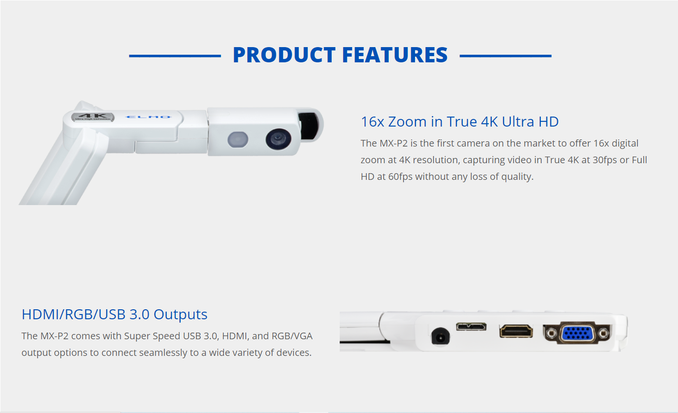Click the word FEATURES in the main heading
(395, 55)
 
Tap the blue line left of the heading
(175, 56)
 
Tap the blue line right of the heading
(506, 56)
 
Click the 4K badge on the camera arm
(92, 117)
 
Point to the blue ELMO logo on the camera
(148, 117)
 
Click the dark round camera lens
(278, 139)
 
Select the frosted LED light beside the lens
(238, 140)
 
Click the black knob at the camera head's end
(309, 126)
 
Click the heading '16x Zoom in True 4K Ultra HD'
(460, 121)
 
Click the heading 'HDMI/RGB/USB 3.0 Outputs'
(114, 315)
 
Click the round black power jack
(440, 336)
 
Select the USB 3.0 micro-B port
(471, 326)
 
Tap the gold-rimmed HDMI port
(516, 331)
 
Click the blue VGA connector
(577, 334)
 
